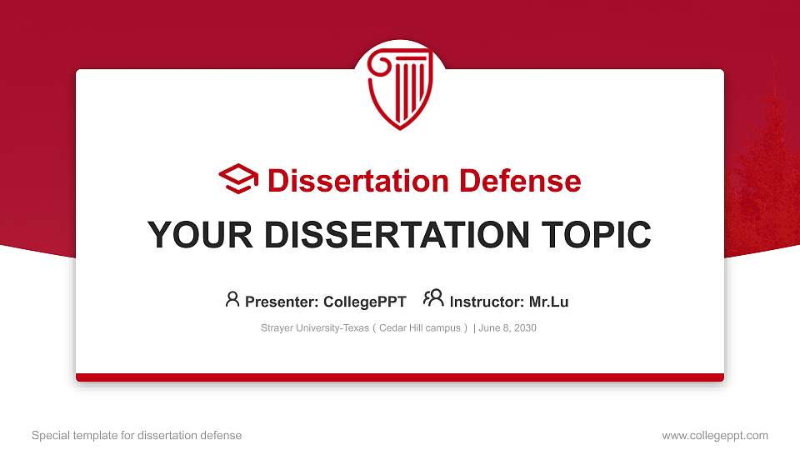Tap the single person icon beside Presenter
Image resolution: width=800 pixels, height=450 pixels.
point(232,300)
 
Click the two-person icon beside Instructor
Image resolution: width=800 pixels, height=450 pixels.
point(433,300)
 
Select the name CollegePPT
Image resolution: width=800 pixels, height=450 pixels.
point(364,302)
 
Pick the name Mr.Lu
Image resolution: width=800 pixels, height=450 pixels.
point(548,302)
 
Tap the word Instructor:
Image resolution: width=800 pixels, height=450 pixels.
point(487,302)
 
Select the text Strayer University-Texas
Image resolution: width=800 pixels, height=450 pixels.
point(314,328)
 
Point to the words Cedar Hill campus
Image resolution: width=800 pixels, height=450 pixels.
point(419,328)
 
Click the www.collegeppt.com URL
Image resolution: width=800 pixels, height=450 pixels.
point(715,435)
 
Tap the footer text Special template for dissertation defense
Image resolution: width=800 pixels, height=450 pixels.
point(137,435)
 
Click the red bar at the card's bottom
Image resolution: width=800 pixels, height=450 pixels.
point(400,377)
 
